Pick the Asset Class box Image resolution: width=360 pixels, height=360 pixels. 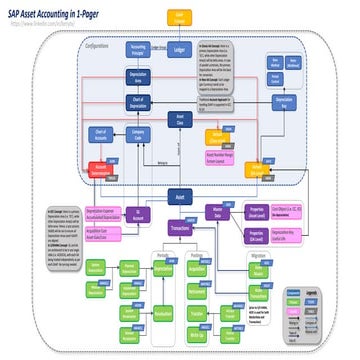[x=179, y=121]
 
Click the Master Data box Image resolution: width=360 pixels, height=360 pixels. [x=219, y=213]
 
